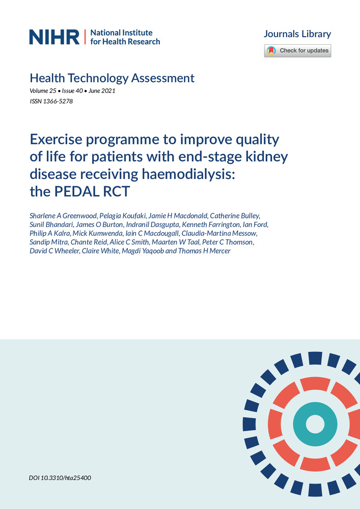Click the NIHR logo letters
(x=54, y=37)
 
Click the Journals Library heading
(x=297, y=34)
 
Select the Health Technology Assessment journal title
(x=112, y=78)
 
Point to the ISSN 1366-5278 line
(x=51, y=101)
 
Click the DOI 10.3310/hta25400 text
(x=61, y=478)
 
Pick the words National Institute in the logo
(x=118, y=32)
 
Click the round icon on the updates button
(x=271, y=51)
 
